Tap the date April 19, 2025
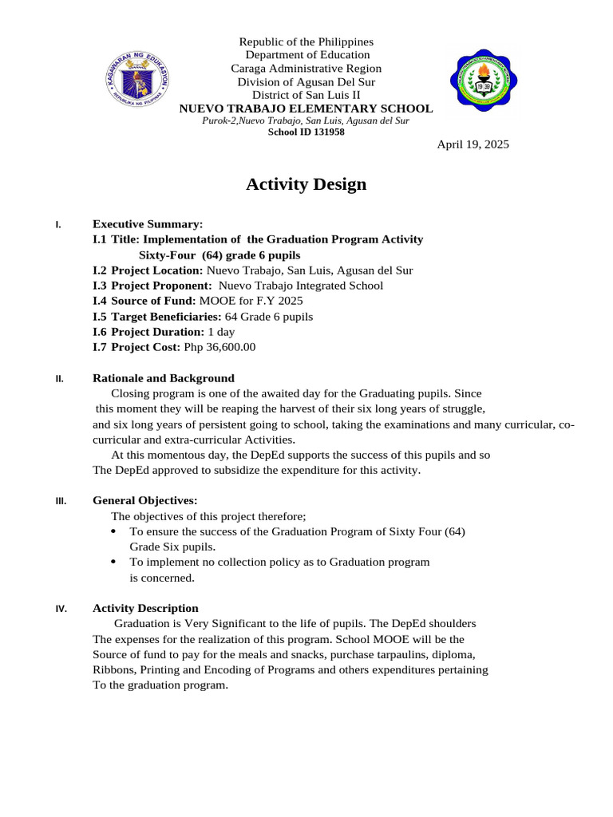click(473, 144)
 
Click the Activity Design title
click(306, 184)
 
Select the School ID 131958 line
click(306, 132)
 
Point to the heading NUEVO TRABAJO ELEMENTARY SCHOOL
click(306, 109)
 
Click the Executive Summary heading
click(148, 224)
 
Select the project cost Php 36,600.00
click(219, 347)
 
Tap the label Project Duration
click(157, 332)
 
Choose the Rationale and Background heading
click(164, 378)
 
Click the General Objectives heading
click(145, 501)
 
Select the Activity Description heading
click(145, 608)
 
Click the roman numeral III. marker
click(61, 502)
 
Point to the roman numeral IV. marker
click(61, 609)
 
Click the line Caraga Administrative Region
click(306, 69)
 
